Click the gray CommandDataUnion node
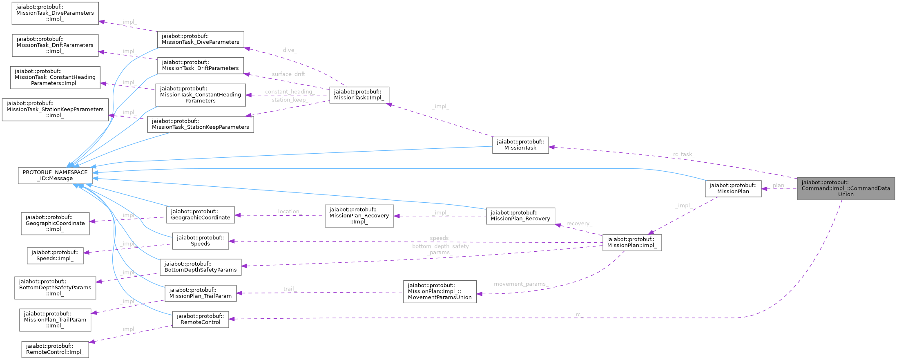846,188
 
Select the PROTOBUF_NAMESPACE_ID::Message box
55,175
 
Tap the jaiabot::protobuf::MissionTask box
520,145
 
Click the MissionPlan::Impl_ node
632,242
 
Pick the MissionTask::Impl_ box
359,95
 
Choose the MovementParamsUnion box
440,291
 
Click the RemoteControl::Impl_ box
55,349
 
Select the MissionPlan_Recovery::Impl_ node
359,216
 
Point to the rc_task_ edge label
683,154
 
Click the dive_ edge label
290,50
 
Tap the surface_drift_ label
290,74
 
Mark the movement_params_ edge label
520,284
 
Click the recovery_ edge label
579,224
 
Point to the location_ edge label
290,211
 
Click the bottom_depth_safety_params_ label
440,249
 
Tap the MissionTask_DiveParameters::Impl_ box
55,13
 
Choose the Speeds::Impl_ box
55,255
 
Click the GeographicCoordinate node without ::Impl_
200,215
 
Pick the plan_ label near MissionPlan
779,186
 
